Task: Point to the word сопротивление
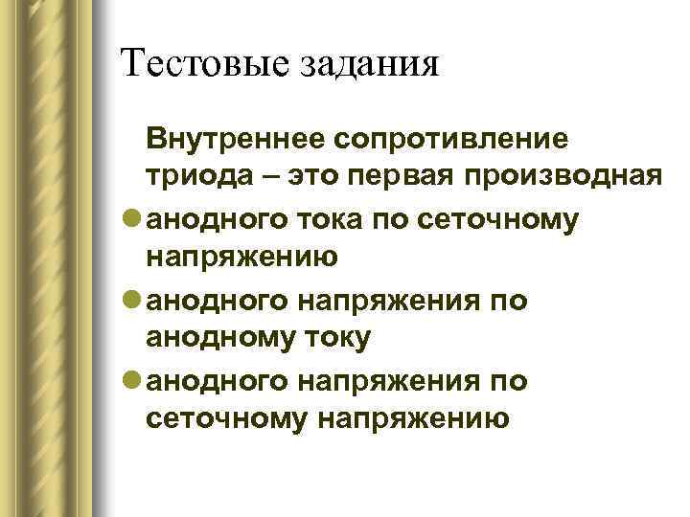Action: (x=449, y=140)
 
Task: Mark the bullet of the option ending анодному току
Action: (x=131, y=301)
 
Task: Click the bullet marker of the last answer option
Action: (x=131, y=381)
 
